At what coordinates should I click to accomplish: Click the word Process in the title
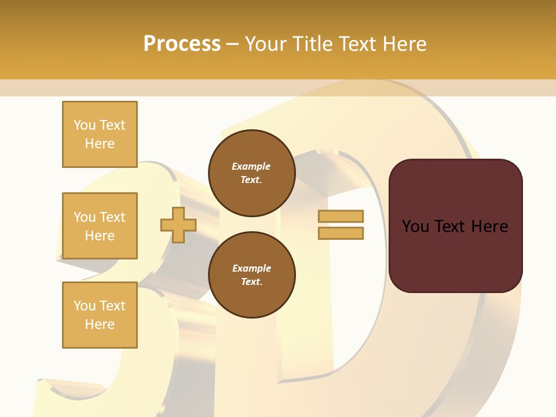coord(182,44)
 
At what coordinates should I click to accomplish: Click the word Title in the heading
coord(310,44)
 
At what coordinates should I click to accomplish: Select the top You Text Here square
coord(100,134)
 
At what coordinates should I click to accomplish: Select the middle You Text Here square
coord(100,226)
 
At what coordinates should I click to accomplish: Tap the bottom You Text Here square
coord(100,315)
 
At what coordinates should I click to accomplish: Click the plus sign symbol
coord(178,225)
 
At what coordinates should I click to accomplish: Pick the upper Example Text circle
coord(251,173)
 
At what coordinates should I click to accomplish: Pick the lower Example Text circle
coord(251,275)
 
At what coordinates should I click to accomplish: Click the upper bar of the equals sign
coord(341,216)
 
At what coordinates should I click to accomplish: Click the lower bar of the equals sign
coord(341,233)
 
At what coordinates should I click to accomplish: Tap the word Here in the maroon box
coord(489,226)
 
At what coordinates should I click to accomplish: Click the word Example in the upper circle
coord(251,166)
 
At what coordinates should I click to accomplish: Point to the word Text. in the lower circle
coord(251,282)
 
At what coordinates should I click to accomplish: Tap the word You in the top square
coord(85,125)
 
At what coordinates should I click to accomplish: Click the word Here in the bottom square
coord(100,324)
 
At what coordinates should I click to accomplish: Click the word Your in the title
coord(265,44)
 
